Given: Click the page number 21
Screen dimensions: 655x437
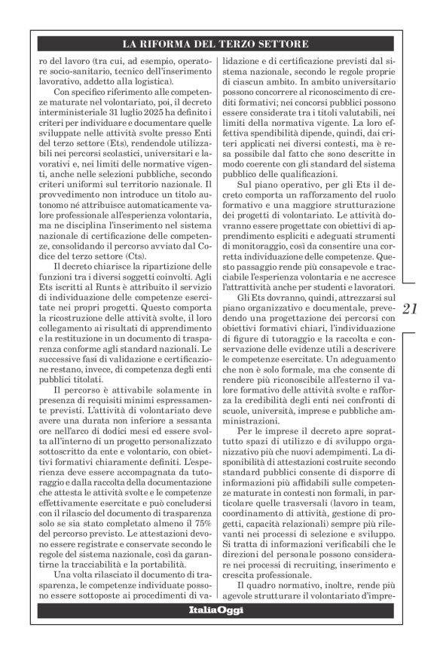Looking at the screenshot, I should (413, 308).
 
